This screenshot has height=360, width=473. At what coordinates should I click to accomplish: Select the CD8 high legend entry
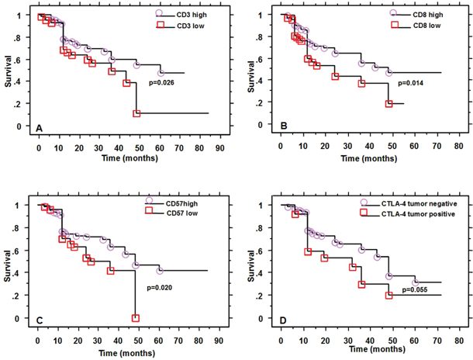pyautogui.click(x=419, y=14)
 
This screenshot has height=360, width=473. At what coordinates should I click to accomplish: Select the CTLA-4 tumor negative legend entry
pyautogui.click(x=413, y=203)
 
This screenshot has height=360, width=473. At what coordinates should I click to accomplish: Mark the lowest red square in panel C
pyautogui.click(x=136, y=318)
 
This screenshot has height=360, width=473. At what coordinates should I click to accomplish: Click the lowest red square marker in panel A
pyautogui.click(x=136, y=113)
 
